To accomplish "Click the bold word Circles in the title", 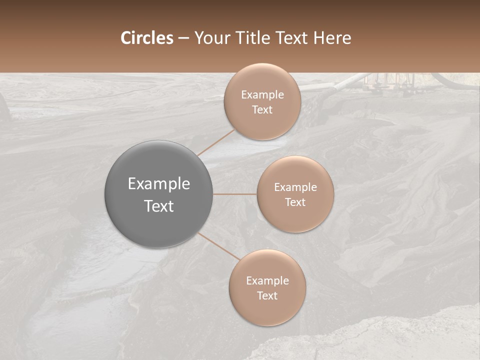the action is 147,38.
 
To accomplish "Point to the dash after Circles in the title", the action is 183,38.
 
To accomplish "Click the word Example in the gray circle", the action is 159,184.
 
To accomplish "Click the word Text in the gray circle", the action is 159,206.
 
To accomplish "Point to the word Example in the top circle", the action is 262,95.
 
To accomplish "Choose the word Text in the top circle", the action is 262,110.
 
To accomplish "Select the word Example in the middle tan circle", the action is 295,187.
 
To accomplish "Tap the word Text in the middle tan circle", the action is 295,202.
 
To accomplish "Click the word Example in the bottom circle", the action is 267,281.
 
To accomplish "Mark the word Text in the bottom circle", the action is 267,296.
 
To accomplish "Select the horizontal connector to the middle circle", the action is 235,194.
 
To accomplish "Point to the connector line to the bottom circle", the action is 218,246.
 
